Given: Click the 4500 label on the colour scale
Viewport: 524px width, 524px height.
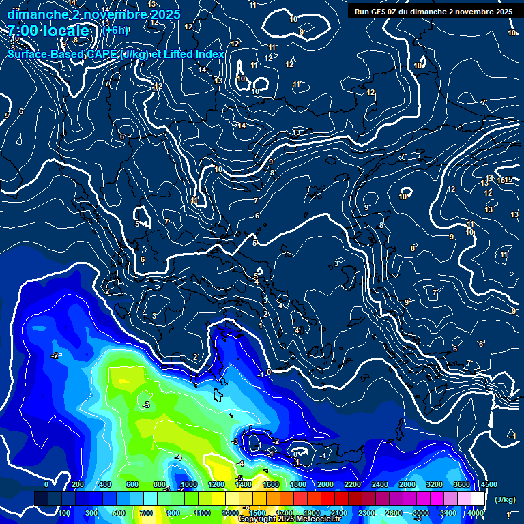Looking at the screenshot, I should click(489, 484).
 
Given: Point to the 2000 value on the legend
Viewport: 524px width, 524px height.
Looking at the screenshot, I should click(325, 484).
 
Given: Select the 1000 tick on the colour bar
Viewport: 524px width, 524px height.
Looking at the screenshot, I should click(189, 484).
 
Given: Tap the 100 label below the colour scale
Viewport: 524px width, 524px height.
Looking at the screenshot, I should click(65, 513).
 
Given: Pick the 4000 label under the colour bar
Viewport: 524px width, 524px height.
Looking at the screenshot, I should click(476, 513).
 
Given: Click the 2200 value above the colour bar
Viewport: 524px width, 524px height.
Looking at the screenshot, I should click(353, 484).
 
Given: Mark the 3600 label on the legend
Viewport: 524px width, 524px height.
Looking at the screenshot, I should click(462, 484).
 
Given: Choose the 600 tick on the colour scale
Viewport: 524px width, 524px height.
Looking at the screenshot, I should click(132, 484).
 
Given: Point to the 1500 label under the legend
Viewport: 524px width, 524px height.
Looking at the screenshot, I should click(257, 513).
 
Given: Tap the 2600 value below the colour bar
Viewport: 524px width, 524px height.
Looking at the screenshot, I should click(394, 513).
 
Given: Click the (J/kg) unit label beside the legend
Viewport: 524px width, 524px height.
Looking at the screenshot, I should click(505, 500).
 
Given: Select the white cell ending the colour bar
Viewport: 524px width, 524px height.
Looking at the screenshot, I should click(478, 499).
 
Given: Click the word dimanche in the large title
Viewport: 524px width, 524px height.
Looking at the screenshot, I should click(37, 14).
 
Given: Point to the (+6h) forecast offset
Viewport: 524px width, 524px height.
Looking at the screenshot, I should click(115, 30).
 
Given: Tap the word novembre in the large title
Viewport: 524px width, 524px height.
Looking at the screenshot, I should click(113, 14).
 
